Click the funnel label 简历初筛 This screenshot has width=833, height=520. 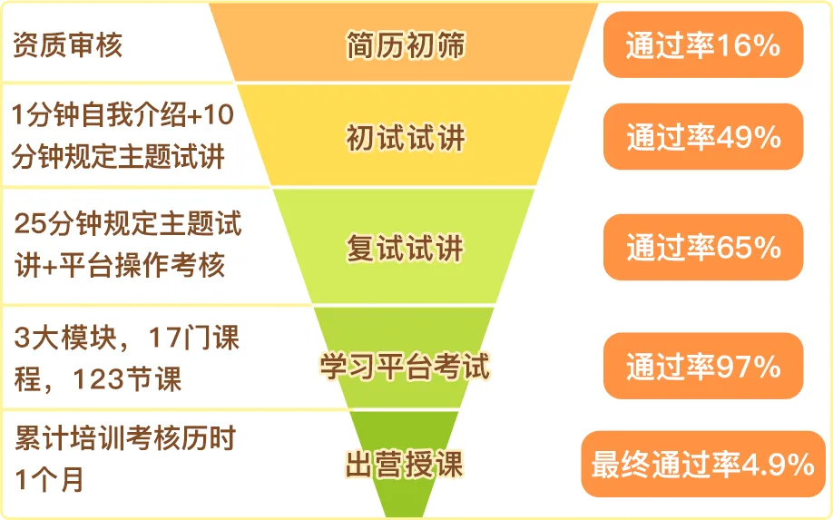point(406,44)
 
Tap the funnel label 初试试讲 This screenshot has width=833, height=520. point(406,138)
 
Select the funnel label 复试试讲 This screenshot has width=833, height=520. point(406,248)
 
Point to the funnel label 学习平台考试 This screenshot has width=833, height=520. point(405,366)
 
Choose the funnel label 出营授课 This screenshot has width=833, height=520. point(405,465)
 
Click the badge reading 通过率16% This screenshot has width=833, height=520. point(703,44)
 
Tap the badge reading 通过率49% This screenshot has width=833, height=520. point(703,136)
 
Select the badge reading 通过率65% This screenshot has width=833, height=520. point(703,247)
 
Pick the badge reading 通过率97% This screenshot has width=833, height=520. point(703,366)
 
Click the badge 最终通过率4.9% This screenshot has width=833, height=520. point(703,465)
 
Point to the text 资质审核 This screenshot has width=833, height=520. point(67,44)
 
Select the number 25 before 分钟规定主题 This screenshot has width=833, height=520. point(30,223)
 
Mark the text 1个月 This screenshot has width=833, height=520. point(49,479)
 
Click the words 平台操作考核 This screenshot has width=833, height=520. point(142,265)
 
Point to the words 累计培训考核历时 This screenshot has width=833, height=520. point(125,438)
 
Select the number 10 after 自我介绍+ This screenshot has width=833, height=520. point(219,114)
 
